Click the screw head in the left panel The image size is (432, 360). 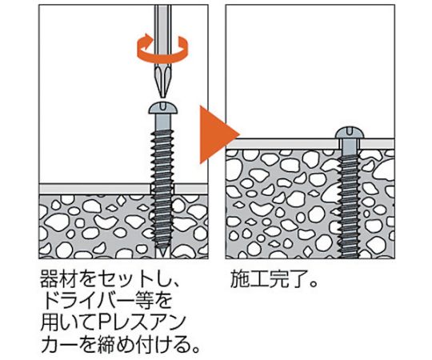(x=163, y=108)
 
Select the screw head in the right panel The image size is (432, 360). (x=350, y=133)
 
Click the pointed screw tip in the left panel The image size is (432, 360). (x=162, y=252)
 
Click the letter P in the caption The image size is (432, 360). (x=104, y=323)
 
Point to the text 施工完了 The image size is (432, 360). (x=269, y=279)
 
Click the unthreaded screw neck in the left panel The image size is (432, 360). (x=163, y=122)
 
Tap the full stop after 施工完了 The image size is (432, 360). (x=313, y=285)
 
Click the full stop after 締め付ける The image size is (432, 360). (x=196, y=350)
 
